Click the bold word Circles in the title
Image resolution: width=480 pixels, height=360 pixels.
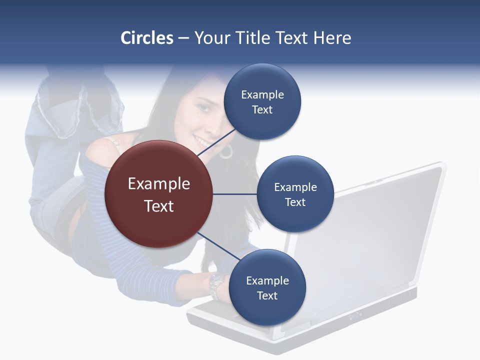pos(146,38)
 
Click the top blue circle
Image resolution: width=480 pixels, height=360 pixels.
pos(262,102)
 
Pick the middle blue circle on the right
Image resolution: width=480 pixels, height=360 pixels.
pos(295,194)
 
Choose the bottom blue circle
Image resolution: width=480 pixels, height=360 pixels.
pos(267,288)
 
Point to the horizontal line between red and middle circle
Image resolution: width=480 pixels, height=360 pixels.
pos(234,194)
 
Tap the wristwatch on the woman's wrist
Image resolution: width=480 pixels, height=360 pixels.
pos(216,284)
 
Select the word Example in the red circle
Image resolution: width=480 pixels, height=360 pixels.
pos(158,184)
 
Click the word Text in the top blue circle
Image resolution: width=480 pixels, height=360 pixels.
pos(262,110)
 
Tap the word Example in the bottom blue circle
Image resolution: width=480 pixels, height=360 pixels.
pos(267,280)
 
